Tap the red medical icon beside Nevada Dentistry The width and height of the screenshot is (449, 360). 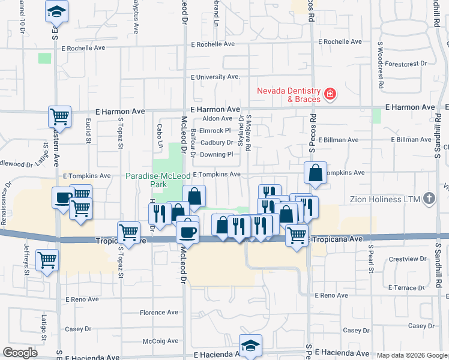329,94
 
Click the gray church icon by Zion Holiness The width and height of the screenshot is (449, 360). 429,198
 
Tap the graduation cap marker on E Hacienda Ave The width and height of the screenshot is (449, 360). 250,345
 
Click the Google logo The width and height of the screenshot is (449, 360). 20,353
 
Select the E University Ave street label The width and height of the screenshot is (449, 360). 215,77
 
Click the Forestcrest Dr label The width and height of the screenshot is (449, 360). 406,63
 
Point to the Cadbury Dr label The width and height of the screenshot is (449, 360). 216,143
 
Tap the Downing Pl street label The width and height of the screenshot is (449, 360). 216,154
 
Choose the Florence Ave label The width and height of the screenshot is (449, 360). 159,313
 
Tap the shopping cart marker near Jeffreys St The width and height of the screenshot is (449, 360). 47,260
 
